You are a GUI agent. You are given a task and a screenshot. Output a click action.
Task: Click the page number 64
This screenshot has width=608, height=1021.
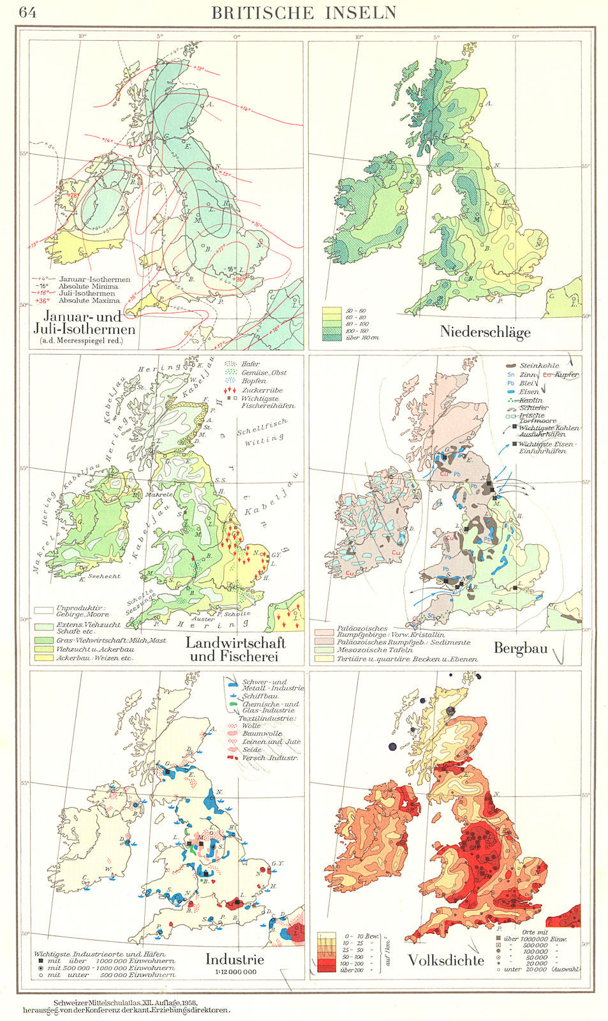tap(27, 13)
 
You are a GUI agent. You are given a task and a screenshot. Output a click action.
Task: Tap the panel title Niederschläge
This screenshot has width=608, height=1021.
tap(485, 331)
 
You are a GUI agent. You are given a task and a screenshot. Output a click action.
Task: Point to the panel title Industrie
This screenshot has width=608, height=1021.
tap(234, 958)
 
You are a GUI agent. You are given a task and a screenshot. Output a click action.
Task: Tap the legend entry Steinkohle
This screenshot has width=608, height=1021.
tap(540, 365)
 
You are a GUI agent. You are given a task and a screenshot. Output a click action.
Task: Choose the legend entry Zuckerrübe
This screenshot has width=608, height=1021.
tap(262, 389)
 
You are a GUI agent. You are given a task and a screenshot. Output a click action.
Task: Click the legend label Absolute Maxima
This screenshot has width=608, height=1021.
tap(89, 300)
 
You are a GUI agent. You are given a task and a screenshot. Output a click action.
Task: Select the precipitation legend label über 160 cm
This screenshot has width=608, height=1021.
tap(362, 337)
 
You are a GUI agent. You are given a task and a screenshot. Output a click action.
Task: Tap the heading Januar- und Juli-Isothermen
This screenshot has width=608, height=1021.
tap(89, 323)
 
